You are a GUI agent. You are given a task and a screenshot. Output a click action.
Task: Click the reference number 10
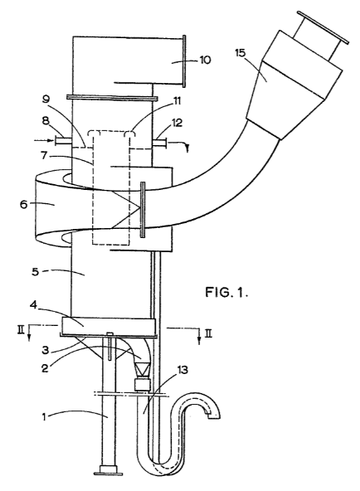pyautogui.click(x=206, y=60)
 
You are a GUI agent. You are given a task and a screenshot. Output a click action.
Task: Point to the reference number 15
pyautogui.click(x=241, y=52)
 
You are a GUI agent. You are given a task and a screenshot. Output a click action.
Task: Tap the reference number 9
pyautogui.click(x=46, y=100)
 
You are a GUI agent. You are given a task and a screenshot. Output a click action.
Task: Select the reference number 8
pyautogui.click(x=46, y=121)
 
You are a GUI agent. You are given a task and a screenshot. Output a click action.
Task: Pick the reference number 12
pyautogui.click(x=177, y=123)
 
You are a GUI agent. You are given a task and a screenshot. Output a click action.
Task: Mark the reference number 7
pyautogui.click(x=45, y=156)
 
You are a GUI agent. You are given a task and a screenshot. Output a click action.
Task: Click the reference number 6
pyautogui.click(x=24, y=206)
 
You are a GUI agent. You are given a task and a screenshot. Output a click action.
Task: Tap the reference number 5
pyautogui.click(x=36, y=272)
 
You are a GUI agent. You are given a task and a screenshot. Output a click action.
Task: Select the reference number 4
pyautogui.click(x=34, y=305)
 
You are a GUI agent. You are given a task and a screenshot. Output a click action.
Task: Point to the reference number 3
pyautogui.click(x=46, y=350)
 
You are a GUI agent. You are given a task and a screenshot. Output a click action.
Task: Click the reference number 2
pyautogui.click(x=45, y=368)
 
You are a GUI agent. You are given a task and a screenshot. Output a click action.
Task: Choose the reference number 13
pyautogui.click(x=182, y=370)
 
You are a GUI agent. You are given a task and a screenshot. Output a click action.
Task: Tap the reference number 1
pyautogui.click(x=45, y=417)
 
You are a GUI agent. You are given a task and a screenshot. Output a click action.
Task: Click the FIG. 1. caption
pyautogui.click(x=227, y=292)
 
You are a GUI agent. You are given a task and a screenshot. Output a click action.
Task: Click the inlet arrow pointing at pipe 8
pyautogui.click(x=43, y=140)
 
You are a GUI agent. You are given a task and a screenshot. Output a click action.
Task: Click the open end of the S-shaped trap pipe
pyautogui.click(x=214, y=416)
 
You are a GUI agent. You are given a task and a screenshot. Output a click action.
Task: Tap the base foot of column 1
pyautogui.click(x=108, y=469)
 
